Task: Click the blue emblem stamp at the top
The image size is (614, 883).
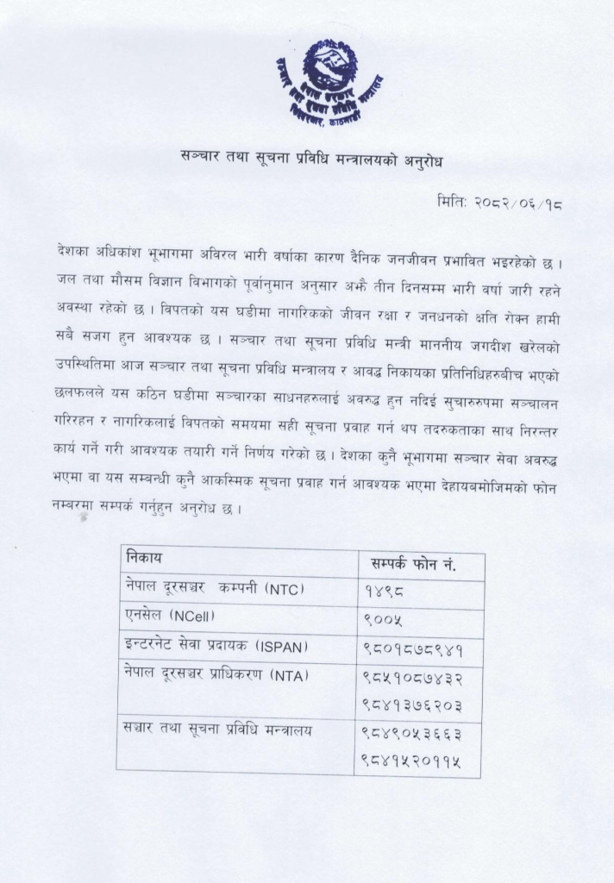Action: [x=329, y=84]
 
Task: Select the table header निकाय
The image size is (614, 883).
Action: [x=144, y=558]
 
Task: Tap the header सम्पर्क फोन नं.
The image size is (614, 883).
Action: [x=412, y=564]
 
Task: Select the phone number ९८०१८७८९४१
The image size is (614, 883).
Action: [x=415, y=648]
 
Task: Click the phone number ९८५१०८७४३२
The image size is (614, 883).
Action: [x=415, y=679]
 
